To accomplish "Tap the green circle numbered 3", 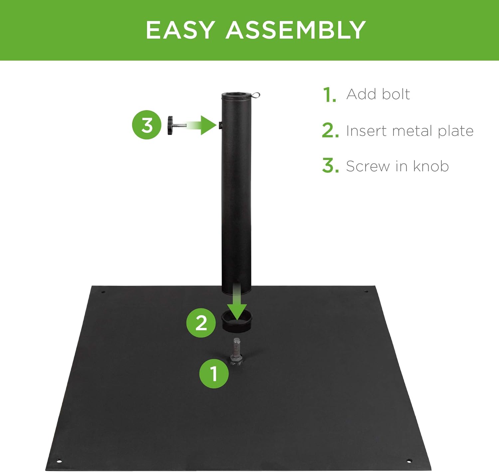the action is (147, 125).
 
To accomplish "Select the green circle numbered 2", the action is (201, 323).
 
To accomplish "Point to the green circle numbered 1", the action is (214, 373).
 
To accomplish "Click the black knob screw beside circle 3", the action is (177, 125).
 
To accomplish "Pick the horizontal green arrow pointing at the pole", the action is (202, 125).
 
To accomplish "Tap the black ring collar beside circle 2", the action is (237, 322).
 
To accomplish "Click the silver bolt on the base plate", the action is (236, 351).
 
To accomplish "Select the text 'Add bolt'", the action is (378, 94).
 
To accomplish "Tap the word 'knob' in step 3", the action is (431, 166).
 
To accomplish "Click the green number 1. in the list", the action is (330, 95).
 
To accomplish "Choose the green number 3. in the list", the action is (330, 165).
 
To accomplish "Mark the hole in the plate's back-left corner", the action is (103, 292).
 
